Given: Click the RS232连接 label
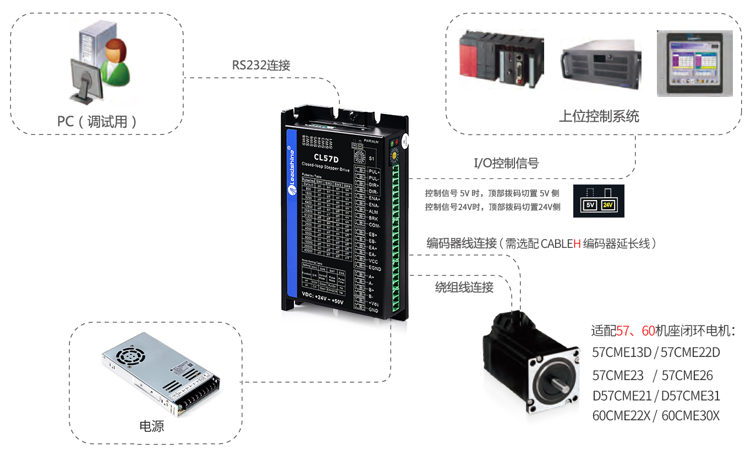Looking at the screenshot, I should (x=261, y=65).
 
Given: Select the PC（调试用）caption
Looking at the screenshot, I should (x=97, y=121).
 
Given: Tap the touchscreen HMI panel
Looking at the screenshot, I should (x=694, y=63).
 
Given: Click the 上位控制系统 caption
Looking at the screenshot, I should (x=599, y=116).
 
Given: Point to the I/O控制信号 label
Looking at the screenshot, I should (x=506, y=163).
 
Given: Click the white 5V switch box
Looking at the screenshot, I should (x=590, y=205).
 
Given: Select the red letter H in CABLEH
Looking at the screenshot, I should (x=577, y=243).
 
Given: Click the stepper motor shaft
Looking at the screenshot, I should (x=552, y=381).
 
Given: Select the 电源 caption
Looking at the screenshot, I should (x=151, y=426).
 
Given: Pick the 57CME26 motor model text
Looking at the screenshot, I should (x=687, y=376).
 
